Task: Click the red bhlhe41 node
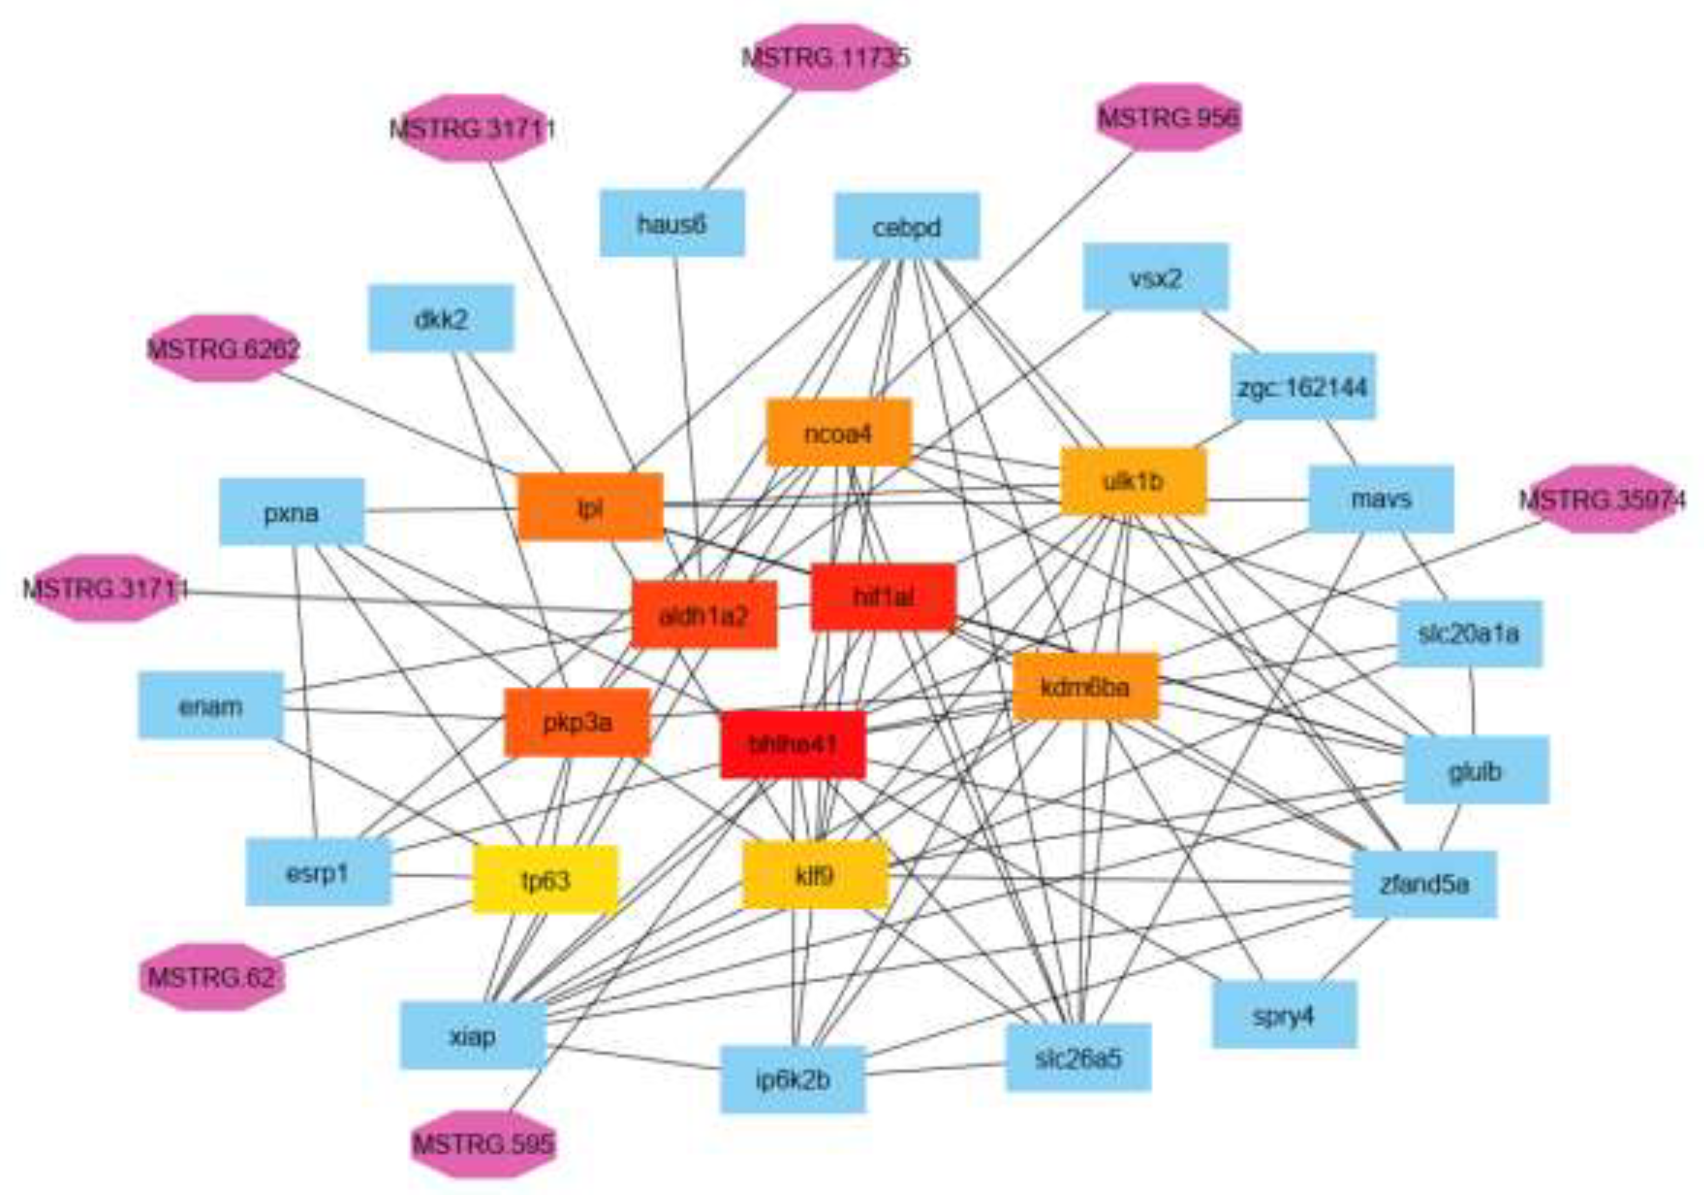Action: click(x=793, y=744)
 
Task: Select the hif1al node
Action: click(x=883, y=597)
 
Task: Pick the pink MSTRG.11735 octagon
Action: click(x=826, y=57)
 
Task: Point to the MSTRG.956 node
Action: click(x=1168, y=117)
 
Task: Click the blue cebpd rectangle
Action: click(x=906, y=226)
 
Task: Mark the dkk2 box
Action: click(x=441, y=318)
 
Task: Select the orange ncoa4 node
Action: click(x=838, y=433)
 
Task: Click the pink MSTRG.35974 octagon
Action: click(x=1602, y=499)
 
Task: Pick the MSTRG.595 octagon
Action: click(x=483, y=1144)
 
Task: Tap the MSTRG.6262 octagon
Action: click(x=224, y=348)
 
